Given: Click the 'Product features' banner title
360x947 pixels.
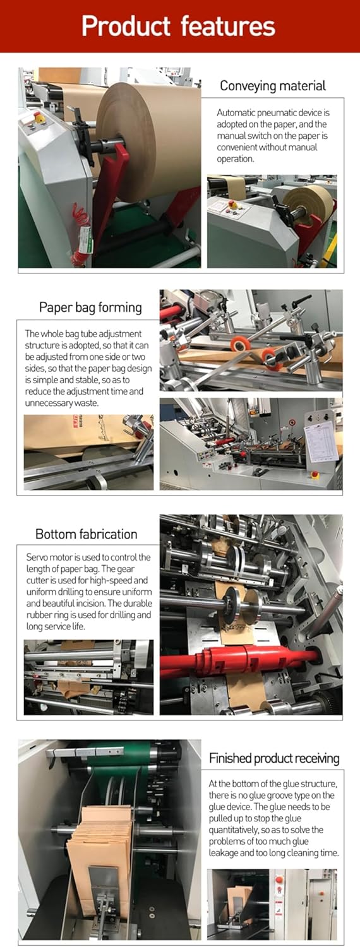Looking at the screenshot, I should [x=179, y=26].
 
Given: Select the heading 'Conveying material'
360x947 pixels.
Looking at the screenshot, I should [x=272, y=86].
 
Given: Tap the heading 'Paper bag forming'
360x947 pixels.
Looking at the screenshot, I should [x=90, y=307].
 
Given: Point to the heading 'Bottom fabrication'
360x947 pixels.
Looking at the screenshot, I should [x=86, y=534].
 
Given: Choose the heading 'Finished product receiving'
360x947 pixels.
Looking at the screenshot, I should [x=274, y=758].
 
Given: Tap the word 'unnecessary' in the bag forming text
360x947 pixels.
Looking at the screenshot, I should [x=54, y=403].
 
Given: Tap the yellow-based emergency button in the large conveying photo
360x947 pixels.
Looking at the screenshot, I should [x=39, y=118].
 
